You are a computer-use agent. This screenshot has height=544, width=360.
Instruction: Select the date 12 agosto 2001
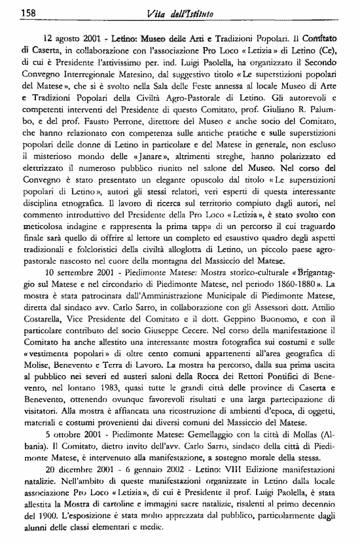pos(73,39)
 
